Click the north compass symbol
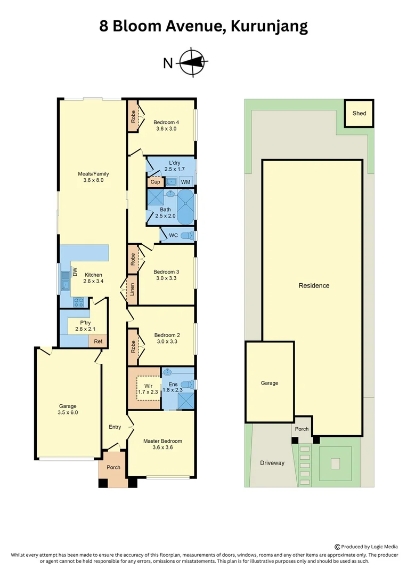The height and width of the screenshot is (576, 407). coord(192,63)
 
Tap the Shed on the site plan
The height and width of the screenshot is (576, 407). coord(359,113)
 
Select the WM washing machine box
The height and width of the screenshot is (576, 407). coord(185,182)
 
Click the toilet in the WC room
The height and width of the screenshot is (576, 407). coord(188,235)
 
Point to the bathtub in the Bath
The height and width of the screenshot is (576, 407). coord(185,209)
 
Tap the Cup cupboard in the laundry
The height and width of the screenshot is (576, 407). coord(155,182)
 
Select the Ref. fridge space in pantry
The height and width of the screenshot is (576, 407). coord(98,341)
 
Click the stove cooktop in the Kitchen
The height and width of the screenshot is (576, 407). coord(79,302)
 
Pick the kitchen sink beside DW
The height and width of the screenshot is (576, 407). coord(65,281)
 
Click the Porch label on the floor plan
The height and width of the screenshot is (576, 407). coord(113,467)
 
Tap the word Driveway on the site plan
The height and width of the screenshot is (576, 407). coord(272,463)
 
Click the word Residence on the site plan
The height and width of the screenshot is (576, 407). coord(314,285)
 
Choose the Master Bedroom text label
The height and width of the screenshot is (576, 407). coord(162,441)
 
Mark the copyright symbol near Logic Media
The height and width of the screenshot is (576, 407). coord(337,546)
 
